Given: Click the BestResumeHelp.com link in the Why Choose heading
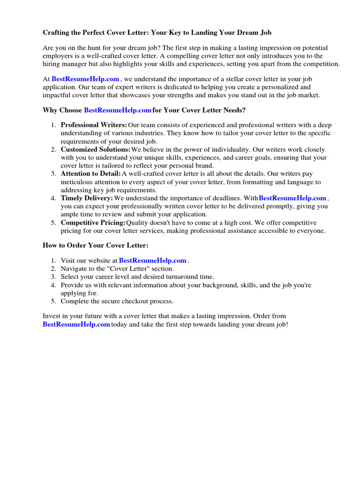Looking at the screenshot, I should (118, 111).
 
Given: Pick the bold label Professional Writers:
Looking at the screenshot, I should (94, 125).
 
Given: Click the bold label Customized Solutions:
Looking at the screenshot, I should (96, 150).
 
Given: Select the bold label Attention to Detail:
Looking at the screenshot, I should (90, 174).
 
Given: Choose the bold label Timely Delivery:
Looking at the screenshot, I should (87, 198).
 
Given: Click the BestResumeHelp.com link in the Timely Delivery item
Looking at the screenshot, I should (292, 198).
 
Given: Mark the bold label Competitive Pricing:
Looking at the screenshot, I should (93, 223).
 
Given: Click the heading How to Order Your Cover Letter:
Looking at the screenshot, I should (96, 245).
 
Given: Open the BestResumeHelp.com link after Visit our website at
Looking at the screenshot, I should (153, 260).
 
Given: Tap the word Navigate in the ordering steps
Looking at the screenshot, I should (74, 269).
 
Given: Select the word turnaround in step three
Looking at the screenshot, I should (179, 277).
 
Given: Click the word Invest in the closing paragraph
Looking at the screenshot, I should (52, 316).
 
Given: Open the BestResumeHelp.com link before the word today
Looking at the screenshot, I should (76, 324).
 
